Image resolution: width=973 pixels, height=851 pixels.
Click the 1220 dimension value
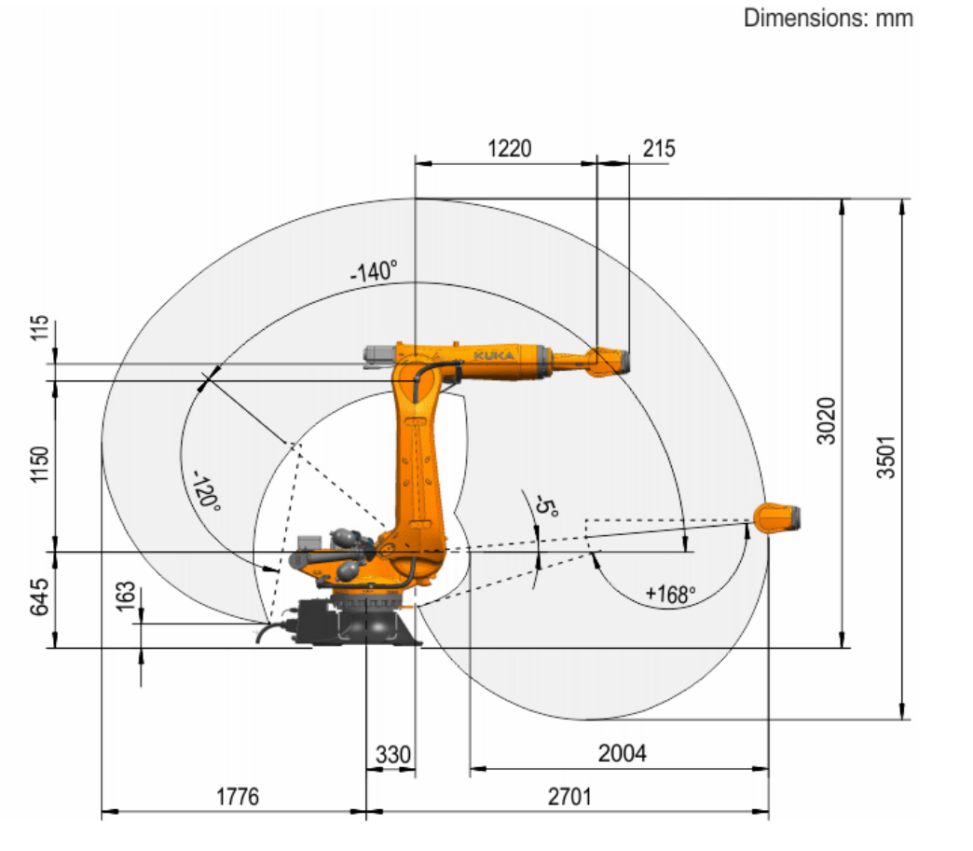510,148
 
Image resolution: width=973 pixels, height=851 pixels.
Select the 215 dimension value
658,148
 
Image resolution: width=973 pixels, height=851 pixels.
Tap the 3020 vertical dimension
827,421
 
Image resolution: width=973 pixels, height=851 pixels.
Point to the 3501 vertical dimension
886,456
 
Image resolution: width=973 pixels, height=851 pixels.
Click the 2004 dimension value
622,753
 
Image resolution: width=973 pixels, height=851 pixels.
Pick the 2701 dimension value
569,796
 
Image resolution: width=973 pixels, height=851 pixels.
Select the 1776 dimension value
237,796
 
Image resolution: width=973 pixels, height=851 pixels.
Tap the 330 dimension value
392,755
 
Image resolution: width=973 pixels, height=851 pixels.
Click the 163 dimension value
126,596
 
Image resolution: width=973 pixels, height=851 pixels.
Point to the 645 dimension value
40,597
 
